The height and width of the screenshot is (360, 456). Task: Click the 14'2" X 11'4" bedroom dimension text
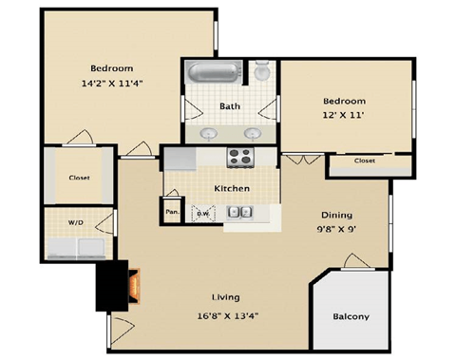(112, 84)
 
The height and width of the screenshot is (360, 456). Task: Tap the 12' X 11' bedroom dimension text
(343, 116)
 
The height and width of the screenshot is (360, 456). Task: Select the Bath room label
(229, 106)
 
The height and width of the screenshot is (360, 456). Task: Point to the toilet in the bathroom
(262, 72)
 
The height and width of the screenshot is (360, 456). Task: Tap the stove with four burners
(240, 157)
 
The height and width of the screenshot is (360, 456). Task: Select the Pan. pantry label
(173, 212)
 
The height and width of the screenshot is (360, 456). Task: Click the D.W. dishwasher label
(202, 214)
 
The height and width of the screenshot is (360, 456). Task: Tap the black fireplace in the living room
(121, 284)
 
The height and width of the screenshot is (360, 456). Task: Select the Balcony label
(351, 317)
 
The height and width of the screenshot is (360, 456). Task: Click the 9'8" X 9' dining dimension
(336, 230)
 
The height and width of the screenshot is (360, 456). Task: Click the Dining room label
(336, 215)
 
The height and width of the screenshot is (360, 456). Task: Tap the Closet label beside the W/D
(79, 178)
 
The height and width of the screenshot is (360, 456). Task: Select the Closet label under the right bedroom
(365, 161)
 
